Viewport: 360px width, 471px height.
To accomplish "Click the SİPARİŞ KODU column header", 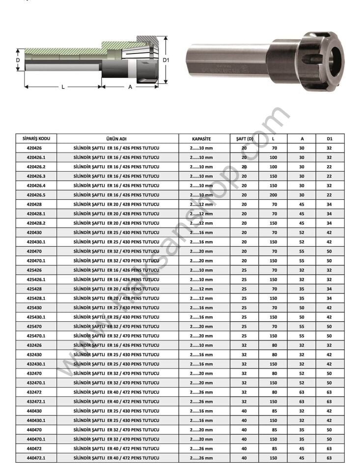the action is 36,138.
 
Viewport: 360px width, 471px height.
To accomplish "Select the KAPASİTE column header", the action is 201,139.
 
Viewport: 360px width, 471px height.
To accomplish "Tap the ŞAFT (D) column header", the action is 245,139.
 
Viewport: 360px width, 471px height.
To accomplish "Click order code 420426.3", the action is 36,176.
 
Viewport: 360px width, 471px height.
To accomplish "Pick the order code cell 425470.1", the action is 36,336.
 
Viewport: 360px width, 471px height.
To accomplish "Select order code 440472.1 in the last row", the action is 36,458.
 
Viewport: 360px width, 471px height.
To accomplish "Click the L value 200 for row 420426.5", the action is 274,195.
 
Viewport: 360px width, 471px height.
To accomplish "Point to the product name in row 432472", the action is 116,392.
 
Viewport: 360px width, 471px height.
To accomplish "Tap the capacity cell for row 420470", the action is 201,251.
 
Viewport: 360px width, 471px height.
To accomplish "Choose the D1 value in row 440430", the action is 330,411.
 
